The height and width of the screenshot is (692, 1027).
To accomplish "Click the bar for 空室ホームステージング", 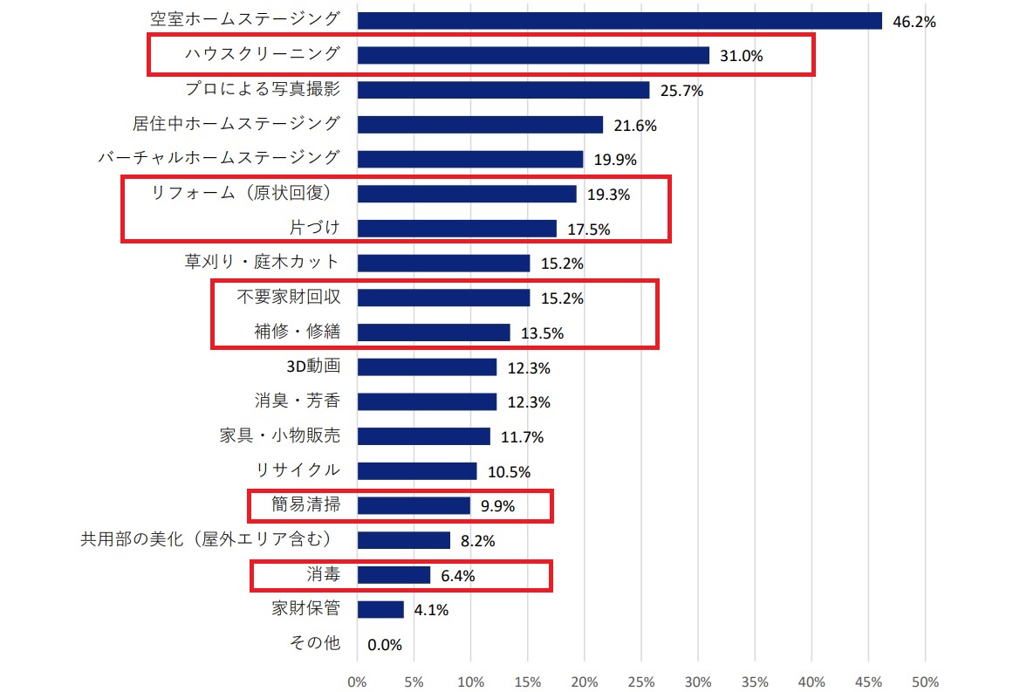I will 620,21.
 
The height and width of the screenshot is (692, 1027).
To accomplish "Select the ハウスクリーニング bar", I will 533,56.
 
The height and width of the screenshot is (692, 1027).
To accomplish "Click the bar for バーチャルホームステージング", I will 470,159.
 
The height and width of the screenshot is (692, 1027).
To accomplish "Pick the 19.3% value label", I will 608,195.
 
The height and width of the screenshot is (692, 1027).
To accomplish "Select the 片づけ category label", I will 314,228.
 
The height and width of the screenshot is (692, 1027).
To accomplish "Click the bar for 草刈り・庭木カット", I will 443,263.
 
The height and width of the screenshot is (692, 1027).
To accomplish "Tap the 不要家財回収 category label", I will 288,297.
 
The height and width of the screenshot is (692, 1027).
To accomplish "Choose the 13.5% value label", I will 542,332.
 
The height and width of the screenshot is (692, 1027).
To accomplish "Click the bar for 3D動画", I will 427,367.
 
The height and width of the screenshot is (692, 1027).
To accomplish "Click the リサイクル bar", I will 417,471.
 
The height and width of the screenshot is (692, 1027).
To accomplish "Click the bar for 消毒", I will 394,575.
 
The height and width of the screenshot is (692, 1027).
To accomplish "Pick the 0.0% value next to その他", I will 384,645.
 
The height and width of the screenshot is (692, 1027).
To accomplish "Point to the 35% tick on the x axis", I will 755,681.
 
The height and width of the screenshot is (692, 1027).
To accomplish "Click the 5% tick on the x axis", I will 414,681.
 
